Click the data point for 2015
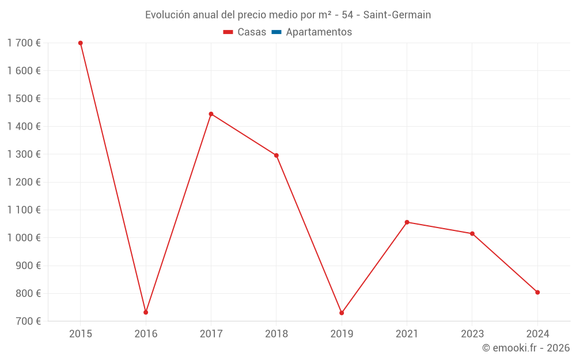click(81, 43)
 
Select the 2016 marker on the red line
click(146, 312)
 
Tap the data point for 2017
click(211, 114)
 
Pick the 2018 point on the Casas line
click(276, 156)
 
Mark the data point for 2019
click(342, 313)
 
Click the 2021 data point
click(407, 222)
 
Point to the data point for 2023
click(472, 234)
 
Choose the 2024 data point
click(537, 292)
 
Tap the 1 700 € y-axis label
click(24, 43)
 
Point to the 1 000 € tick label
click(24, 238)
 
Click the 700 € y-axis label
click(28, 321)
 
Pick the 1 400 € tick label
click(24, 127)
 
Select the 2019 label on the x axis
click(342, 334)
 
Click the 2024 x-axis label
click(537, 334)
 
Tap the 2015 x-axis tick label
click(81, 334)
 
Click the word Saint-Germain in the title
click(397, 15)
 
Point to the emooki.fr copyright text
click(526, 348)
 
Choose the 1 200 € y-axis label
click(24, 182)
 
